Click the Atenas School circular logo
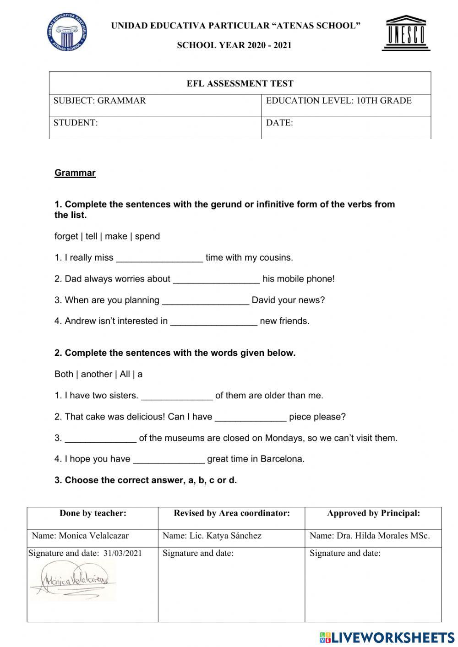[67, 32]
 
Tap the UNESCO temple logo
[406, 33]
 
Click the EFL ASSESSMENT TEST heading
[240, 83]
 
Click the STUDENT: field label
[76, 123]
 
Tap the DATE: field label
[279, 123]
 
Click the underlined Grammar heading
[75, 173]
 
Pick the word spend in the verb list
[147, 236]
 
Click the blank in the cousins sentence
[159, 258]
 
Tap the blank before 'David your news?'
[206, 300]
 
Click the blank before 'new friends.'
[213, 321]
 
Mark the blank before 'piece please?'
[251, 417]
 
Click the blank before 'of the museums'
[101, 438]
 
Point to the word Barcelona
[282, 459]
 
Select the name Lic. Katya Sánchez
[233, 536]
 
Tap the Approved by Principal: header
[373, 513]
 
